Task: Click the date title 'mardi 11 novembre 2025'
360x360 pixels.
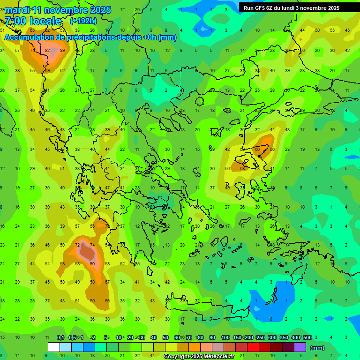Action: (x=58, y=10)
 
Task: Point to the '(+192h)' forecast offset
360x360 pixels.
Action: (x=83, y=21)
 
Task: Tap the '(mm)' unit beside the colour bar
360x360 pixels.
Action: (x=317, y=348)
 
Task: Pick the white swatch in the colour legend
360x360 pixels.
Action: (x=54, y=347)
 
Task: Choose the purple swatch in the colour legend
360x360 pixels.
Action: (x=300, y=347)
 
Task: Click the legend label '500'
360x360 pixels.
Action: (x=307, y=337)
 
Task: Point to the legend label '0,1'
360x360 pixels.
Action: (x=60, y=337)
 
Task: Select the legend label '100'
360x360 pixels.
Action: (x=225, y=337)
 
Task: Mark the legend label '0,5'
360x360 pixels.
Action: (x=72, y=337)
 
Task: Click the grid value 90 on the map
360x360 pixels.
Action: (x=93, y=264)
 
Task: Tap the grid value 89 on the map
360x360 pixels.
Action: (x=63, y=51)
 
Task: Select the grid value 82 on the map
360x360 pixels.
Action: (x=48, y=51)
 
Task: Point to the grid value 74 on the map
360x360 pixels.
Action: (x=93, y=245)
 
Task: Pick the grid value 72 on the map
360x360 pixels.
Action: (x=77, y=245)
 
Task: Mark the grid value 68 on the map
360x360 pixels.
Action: (x=242, y=168)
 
